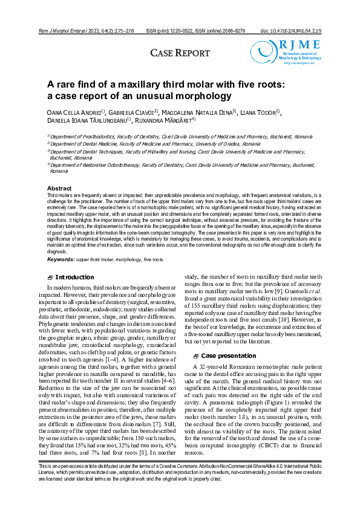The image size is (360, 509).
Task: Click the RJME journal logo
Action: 280,50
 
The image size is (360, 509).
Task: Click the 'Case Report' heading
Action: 180,53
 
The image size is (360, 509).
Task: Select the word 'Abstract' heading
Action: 59,189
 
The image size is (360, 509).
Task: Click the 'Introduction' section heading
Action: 74,277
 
